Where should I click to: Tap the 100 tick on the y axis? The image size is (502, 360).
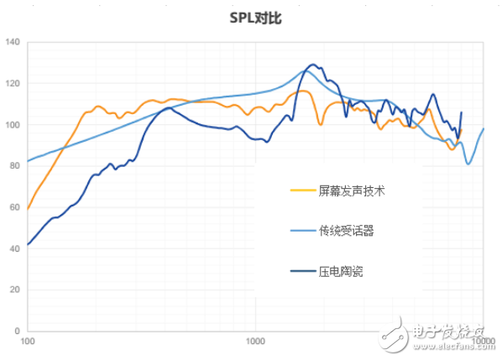tap(11, 125)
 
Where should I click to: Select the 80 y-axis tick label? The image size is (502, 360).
tap(13, 166)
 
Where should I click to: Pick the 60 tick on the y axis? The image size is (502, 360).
tap(13, 207)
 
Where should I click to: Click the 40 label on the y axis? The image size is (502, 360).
tap(13, 248)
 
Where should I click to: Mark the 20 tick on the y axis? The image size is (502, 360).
tap(13, 290)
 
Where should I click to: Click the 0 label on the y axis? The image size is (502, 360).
tap(16, 331)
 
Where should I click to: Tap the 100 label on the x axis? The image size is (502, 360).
tap(28, 342)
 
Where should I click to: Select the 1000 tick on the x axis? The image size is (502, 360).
tap(255, 342)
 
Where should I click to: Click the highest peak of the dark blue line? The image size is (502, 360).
tap(313, 64)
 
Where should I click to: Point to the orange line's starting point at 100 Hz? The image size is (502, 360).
tap(28, 208)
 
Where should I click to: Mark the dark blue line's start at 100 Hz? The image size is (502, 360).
tap(28, 244)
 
